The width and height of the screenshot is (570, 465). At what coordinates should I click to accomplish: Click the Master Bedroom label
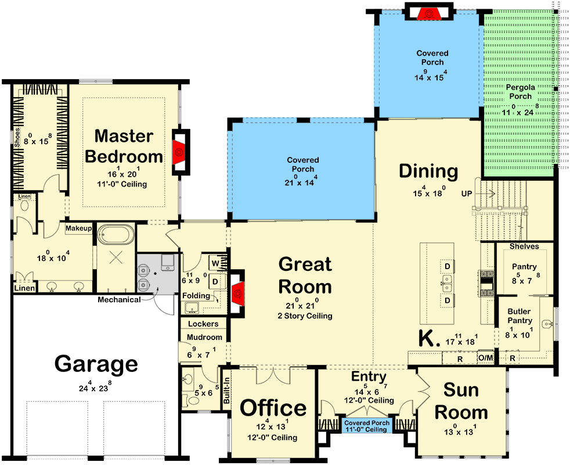pyautogui.click(x=124, y=146)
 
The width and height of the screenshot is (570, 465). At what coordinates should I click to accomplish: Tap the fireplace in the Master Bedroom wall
pyautogui.click(x=179, y=151)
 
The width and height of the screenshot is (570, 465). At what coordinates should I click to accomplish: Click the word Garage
pyautogui.click(x=96, y=364)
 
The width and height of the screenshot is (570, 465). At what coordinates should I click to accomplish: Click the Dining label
pyautogui.click(x=428, y=171)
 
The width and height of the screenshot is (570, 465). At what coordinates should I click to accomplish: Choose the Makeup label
pyautogui.click(x=78, y=228)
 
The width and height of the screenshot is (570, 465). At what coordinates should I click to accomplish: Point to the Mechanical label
pyautogui.click(x=118, y=300)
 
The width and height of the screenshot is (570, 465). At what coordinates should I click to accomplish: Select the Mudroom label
pyautogui.click(x=204, y=337)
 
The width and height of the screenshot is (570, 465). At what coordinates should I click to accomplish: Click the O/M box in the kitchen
pyautogui.click(x=485, y=358)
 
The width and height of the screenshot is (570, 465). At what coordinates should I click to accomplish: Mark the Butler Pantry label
pyautogui.click(x=519, y=316)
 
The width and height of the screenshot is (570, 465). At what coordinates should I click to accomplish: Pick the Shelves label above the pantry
pyautogui.click(x=524, y=246)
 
